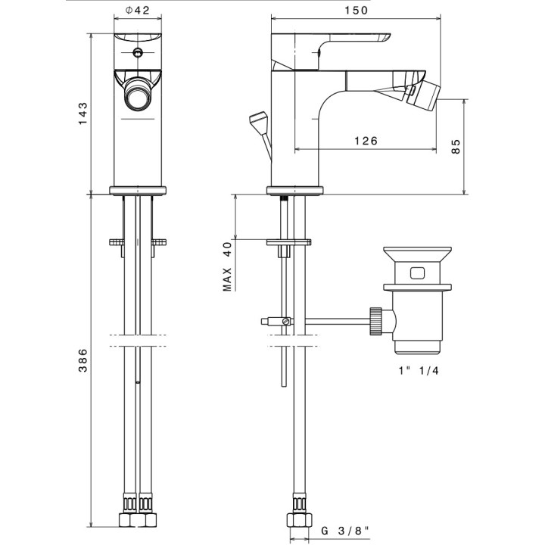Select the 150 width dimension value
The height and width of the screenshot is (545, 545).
(355, 11)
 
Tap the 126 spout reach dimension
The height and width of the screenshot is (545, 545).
(365, 141)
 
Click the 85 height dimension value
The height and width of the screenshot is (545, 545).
(455, 145)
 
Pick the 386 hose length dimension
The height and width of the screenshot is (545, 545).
(83, 362)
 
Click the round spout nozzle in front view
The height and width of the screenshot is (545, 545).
(138, 98)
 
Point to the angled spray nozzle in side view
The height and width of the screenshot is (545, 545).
(423, 96)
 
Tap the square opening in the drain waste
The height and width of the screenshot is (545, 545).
(417, 270)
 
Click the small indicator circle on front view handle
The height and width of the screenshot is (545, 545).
(138, 53)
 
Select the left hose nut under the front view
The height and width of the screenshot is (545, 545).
(127, 522)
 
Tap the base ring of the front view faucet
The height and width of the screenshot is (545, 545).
(138, 190)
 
